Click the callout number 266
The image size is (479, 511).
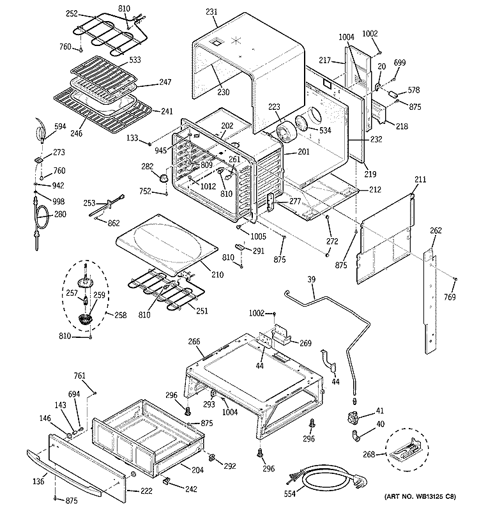point(195,342)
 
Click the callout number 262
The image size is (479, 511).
point(435,231)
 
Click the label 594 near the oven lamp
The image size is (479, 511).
point(60,126)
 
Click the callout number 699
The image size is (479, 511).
point(400,63)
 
